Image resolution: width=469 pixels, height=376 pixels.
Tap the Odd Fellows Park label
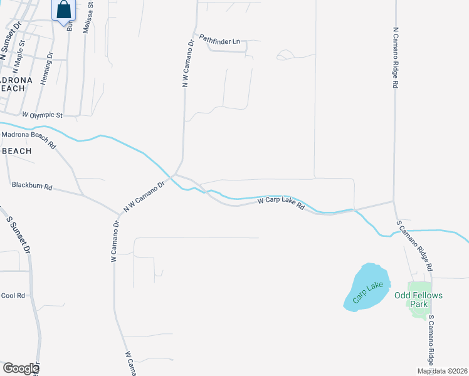(x=418, y=300)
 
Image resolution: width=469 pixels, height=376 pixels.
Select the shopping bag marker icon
(x=64, y=10)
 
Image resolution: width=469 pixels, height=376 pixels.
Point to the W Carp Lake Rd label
(x=281, y=203)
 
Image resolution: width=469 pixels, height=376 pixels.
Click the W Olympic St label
(x=43, y=115)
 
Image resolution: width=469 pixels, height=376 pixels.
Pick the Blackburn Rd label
(x=31, y=186)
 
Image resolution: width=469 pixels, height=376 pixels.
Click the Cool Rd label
(x=13, y=295)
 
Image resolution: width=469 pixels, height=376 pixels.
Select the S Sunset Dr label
(x=18, y=234)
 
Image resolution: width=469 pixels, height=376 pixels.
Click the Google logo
(x=21, y=368)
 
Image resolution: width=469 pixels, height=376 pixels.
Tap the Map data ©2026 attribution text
(x=443, y=371)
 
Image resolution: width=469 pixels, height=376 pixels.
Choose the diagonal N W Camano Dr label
(x=144, y=196)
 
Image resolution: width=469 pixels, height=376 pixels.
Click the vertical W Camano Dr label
(x=115, y=241)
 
